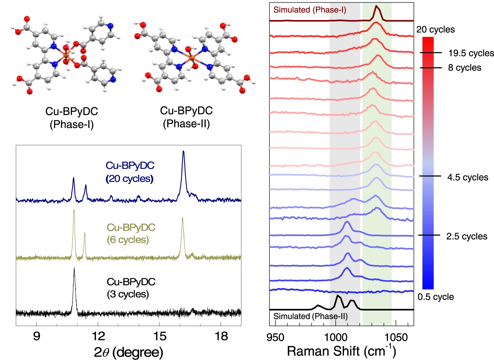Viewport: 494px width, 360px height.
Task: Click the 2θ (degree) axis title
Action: pos(128,352)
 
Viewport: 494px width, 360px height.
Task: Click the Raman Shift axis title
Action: pos(341,351)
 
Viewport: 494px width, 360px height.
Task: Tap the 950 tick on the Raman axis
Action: pos(275,337)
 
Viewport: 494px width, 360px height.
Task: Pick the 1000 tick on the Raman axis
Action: pos(336,337)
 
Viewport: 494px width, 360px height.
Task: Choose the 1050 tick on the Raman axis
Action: pos(396,337)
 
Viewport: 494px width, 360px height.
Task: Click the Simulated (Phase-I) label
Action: pos(310,10)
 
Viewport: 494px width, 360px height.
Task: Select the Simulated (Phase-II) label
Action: pos(310,316)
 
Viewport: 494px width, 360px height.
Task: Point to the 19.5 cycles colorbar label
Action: pos(471,53)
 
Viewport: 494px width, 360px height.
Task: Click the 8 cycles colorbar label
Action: pos(464,68)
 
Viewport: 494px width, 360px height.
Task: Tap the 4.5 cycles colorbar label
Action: pos(468,177)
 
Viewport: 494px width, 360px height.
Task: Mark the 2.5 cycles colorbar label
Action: pos(467,236)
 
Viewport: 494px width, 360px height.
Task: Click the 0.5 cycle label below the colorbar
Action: pos(436,297)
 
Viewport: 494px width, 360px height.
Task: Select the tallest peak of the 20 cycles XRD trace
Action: pos(183,152)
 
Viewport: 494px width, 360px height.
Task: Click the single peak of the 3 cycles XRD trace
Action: pos(74,268)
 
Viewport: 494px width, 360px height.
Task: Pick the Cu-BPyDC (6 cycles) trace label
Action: pos(131,233)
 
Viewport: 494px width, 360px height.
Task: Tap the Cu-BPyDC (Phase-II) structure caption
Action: pos(186,117)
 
